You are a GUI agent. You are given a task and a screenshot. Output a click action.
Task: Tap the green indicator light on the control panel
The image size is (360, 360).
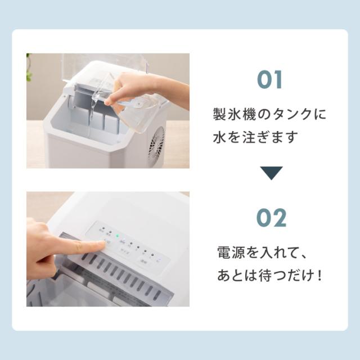[x=117, y=237]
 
